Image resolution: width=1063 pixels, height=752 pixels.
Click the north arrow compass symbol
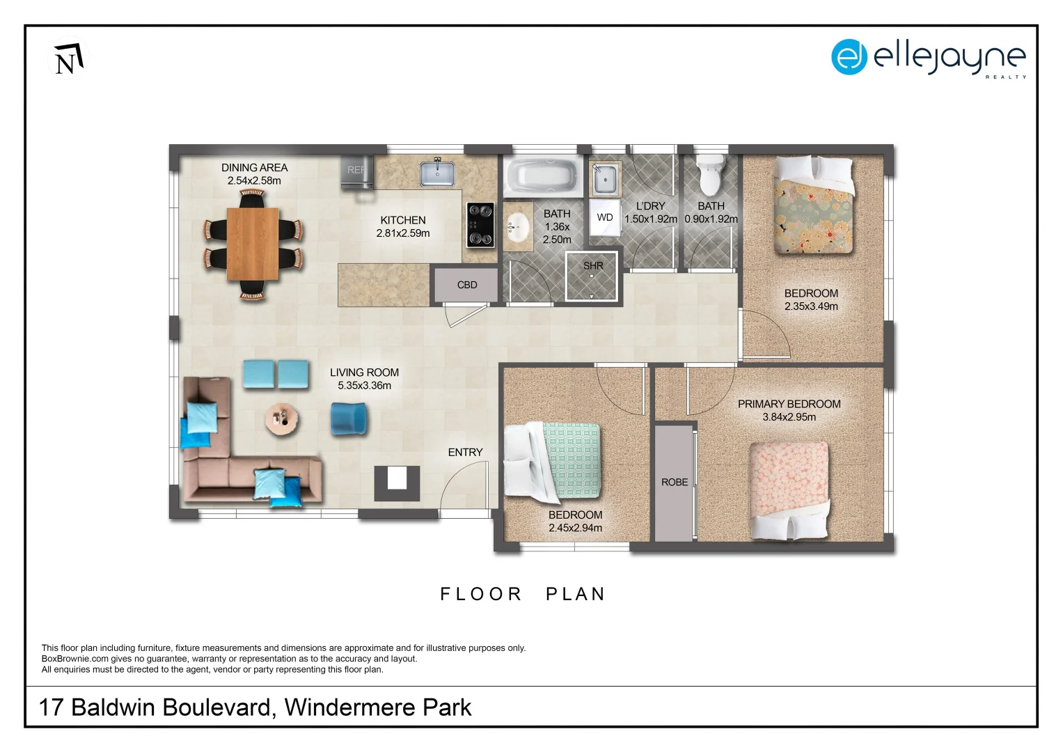click(x=68, y=58)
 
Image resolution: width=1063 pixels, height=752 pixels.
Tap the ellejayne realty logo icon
click(x=849, y=57)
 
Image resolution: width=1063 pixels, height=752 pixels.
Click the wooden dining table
click(x=253, y=244)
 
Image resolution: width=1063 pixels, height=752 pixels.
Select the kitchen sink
click(x=437, y=173)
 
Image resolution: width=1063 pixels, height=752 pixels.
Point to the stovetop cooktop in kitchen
click(x=480, y=225)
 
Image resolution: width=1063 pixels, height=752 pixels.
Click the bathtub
click(x=542, y=176)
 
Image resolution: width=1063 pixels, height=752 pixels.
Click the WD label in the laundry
click(x=605, y=217)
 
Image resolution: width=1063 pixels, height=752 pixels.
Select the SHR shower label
click(x=593, y=266)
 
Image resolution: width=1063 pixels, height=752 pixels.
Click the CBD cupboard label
click(x=467, y=285)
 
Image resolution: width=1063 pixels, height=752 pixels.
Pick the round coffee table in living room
click(x=282, y=419)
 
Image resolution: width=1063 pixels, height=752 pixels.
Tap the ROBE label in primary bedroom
click(x=674, y=482)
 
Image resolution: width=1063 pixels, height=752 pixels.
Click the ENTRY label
click(x=465, y=453)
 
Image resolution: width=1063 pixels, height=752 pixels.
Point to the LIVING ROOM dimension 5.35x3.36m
click(x=364, y=385)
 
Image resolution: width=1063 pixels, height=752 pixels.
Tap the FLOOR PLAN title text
click(x=523, y=594)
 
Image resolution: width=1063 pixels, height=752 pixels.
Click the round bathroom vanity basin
click(x=517, y=227)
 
